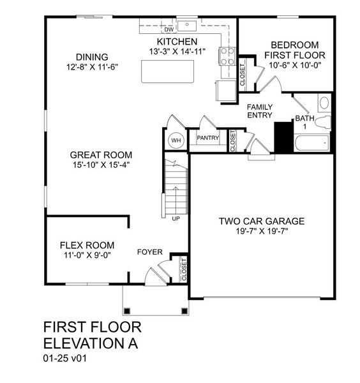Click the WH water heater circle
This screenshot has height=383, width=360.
coord(175,140)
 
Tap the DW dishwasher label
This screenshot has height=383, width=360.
coord(169,29)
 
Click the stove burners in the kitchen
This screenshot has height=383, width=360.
coord(227,57)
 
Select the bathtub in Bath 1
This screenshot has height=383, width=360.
coord(311,143)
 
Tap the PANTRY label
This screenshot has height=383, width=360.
coord(208,138)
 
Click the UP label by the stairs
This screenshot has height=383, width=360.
coord(176,219)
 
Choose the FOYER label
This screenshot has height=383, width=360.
coord(150,252)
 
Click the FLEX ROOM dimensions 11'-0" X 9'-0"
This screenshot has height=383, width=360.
coord(87,255)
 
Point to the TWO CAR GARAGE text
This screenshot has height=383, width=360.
coord(262,222)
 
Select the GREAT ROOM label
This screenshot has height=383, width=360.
coord(101,154)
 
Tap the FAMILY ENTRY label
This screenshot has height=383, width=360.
coord(260,111)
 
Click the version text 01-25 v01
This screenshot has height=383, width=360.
coord(65,359)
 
